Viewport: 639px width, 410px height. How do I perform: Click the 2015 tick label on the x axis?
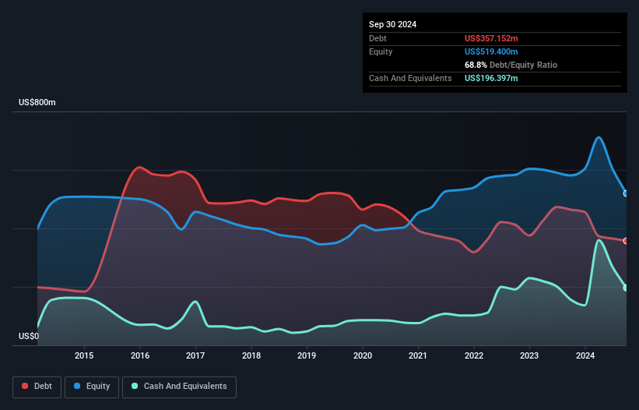84,355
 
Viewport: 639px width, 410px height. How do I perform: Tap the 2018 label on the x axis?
251,355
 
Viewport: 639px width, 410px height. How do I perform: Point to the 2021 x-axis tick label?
419,355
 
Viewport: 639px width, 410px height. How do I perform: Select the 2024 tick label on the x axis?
585,355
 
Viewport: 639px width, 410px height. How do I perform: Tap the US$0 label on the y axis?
29,337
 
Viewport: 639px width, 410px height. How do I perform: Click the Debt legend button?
36,387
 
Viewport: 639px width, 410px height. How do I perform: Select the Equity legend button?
93,387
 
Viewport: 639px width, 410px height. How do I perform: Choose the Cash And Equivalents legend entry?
179,387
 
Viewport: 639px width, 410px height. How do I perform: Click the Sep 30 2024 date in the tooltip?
393,24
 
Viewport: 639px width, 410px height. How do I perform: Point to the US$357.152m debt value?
491,38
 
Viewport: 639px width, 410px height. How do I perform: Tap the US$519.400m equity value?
491,51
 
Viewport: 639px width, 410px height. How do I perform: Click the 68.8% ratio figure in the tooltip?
476,65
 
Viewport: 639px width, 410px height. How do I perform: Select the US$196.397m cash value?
491,78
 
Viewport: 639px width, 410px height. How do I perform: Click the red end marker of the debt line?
626,241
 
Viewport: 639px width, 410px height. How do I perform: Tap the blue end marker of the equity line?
626,193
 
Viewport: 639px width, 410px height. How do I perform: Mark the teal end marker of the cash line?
626,288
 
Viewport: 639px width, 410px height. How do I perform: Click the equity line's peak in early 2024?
599,138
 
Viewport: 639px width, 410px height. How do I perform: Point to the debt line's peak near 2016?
140,167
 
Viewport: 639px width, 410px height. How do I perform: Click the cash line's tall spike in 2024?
599,240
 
